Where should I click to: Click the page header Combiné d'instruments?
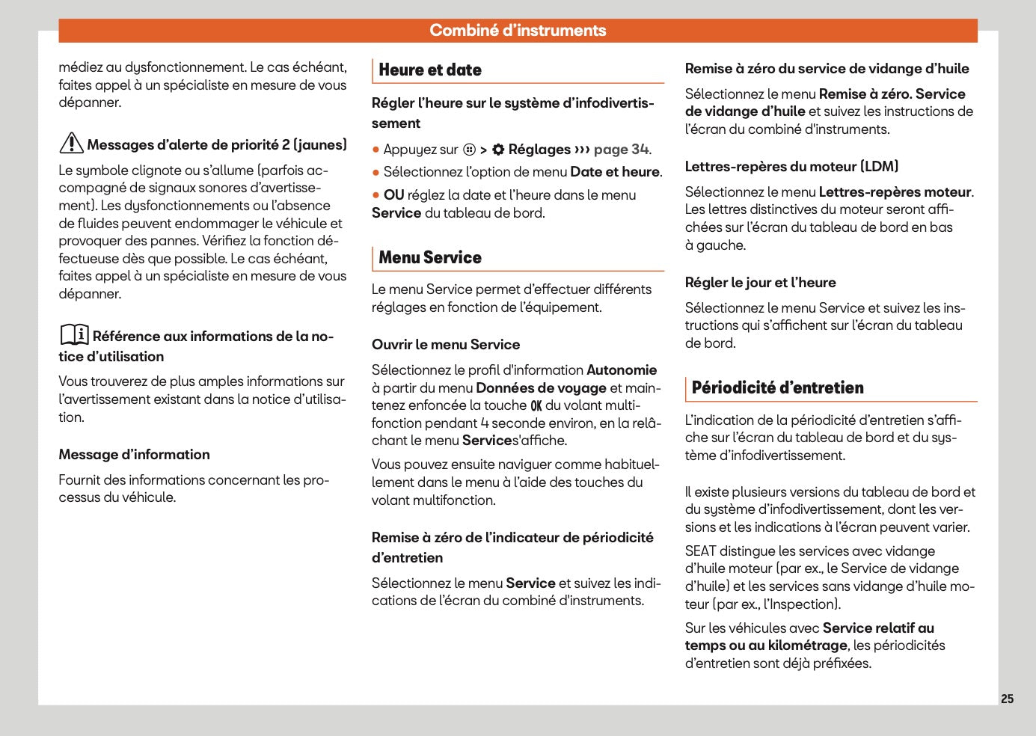point(518,31)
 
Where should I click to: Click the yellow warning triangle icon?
point(71,143)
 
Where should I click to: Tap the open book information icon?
point(74,334)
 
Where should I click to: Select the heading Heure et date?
point(430,70)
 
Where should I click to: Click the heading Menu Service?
point(430,258)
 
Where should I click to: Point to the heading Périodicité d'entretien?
point(777,388)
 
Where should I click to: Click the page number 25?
point(1007,699)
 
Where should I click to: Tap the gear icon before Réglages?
point(498,150)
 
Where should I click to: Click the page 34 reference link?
point(621,150)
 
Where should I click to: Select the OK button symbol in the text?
point(536,406)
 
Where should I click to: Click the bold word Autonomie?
point(622,370)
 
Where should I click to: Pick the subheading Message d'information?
point(135,455)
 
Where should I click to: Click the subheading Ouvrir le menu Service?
point(446,345)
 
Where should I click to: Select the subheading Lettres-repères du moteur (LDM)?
point(791,167)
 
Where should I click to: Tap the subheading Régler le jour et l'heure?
point(760,283)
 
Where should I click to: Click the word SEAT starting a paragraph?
point(700,551)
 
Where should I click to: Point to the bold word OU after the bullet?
point(393,195)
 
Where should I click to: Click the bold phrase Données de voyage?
point(541,388)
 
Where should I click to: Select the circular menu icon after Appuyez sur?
point(469,150)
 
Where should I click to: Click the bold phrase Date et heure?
point(615,172)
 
